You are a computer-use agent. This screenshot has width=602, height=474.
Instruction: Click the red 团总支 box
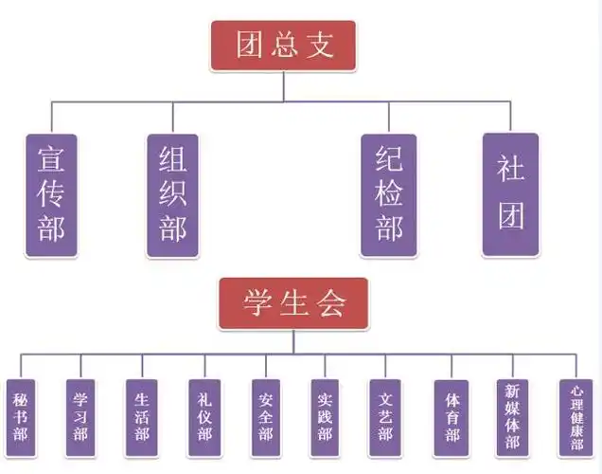(283, 45)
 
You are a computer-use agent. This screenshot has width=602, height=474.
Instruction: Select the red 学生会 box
(293, 303)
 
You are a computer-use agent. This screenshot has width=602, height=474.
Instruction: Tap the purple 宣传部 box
(51, 194)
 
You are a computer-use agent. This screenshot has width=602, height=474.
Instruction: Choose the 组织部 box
(173, 194)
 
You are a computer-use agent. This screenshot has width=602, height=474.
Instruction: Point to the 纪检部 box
(389, 194)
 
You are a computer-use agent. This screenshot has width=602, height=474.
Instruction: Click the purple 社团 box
(511, 194)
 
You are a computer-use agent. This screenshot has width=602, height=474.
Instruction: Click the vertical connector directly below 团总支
(283, 85)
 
